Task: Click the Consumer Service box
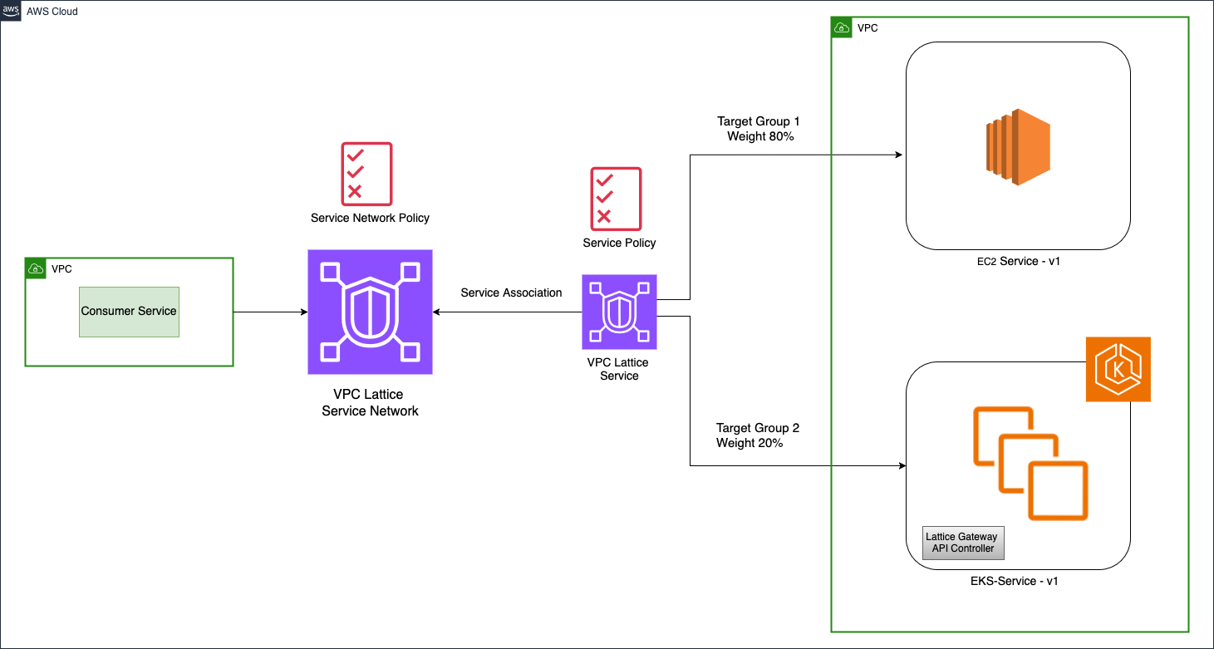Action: point(129,312)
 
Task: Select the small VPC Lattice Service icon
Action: point(619,312)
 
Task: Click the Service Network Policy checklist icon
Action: point(366,174)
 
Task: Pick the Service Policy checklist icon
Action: point(616,199)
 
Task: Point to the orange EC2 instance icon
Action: point(1018,145)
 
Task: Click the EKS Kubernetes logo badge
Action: point(1118,369)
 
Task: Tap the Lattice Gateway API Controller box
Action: point(961,543)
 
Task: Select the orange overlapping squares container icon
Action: point(1030,463)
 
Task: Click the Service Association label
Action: point(511,293)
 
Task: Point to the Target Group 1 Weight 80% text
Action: point(759,129)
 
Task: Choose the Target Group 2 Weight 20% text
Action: point(757,435)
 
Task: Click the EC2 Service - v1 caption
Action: point(1018,261)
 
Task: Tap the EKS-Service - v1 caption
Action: point(1018,581)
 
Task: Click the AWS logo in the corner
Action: point(11,11)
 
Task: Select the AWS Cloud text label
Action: point(52,12)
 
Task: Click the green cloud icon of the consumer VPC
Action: point(36,268)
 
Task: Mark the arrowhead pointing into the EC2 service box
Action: point(900,155)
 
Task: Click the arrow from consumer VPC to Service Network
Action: point(270,312)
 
